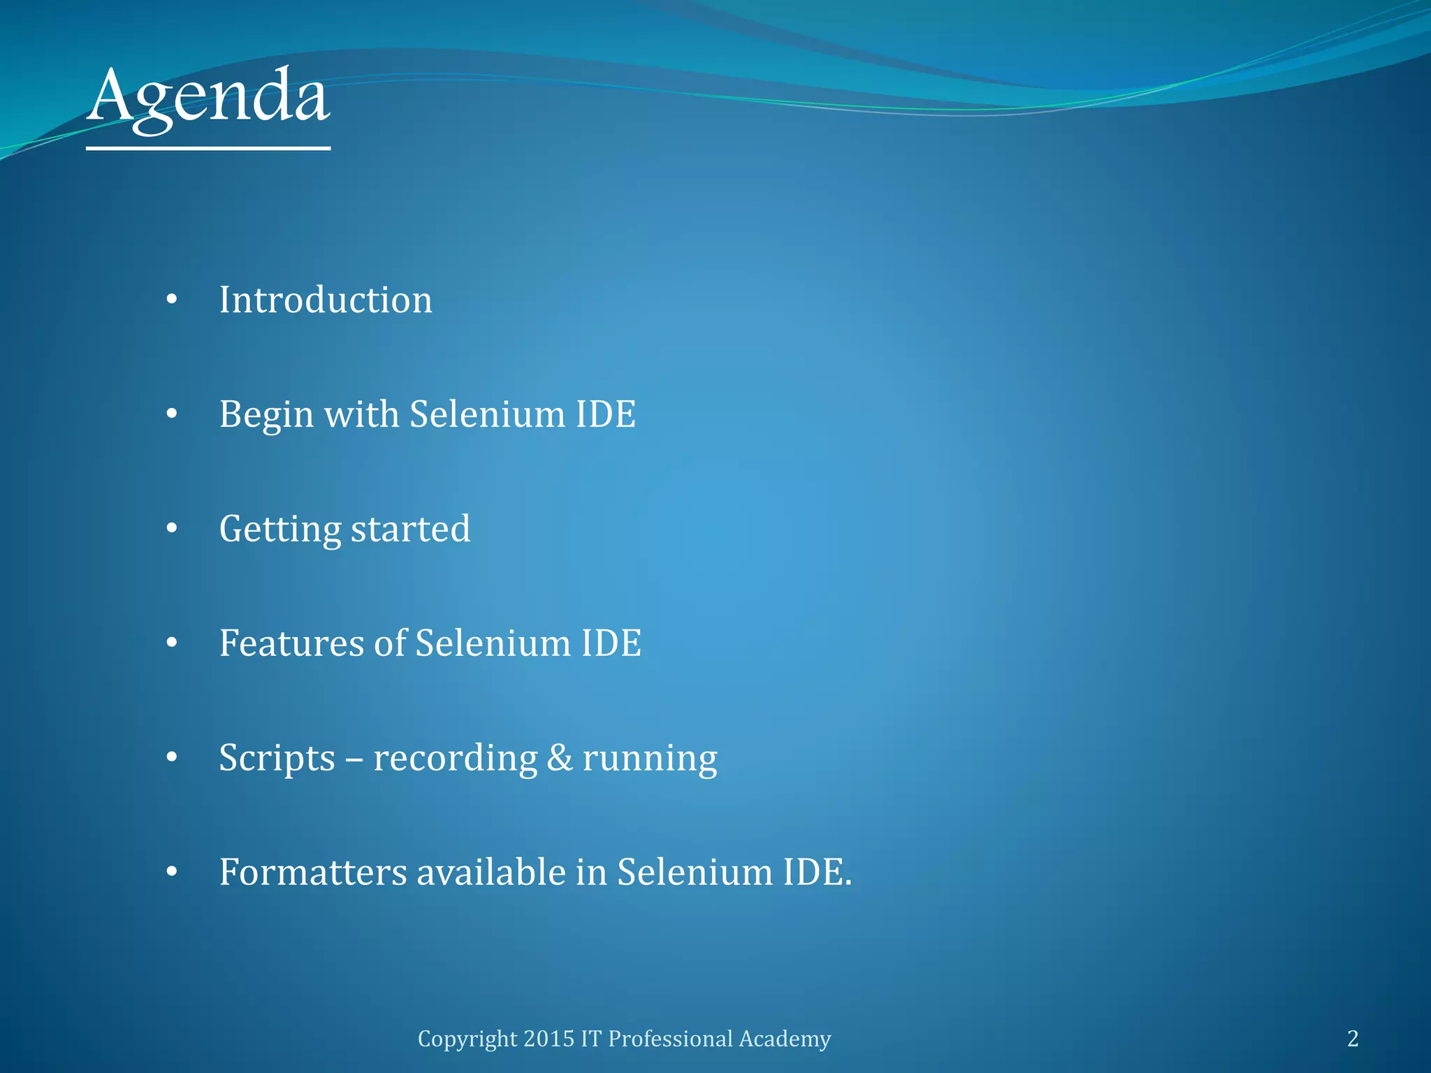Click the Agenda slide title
pyautogui.click(x=208, y=98)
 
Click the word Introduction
pyautogui.click(x=326, y=300)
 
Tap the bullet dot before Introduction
pyautogui.click(x=172, y=300)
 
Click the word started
pyautogui.click(x=410, y=529)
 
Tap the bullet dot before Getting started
pyautogui.click(x=172, y=529)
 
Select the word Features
pyautogui.click(x=291, y=643)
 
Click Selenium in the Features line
pyautogui.click(x=493, y=643)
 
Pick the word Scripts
pyautogui.click(x=277, y=759)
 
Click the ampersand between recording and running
pyautogui.click(x=559, y=758)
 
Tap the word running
pyautogui.click(x=649, y=759)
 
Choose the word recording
pyautogui.click(x=455, y=759)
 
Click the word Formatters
pyautogui.click(x=312, y=872)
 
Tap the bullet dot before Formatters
pyautogui.click(x=172, y=872)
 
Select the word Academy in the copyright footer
pyautogui.click(x=785, y=1039)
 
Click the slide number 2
pyautogui.click(x=1353, y=1039)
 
